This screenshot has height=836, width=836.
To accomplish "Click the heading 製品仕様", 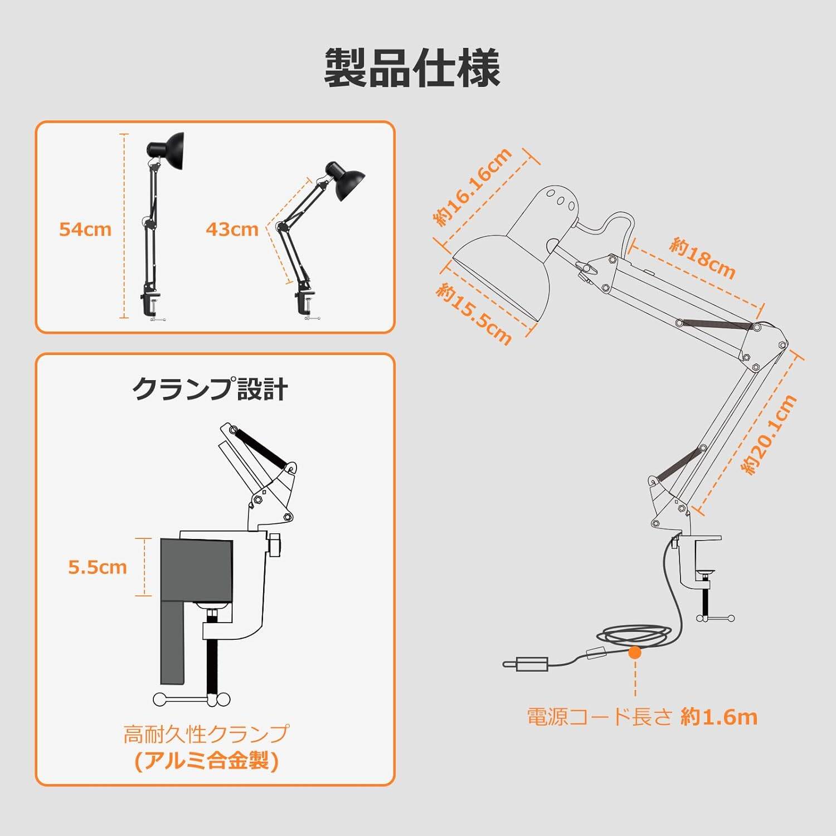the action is tap(412, 68).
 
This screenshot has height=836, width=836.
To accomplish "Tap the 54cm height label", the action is tap(85, 229).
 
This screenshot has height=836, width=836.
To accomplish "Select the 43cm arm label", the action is tap(232, 229).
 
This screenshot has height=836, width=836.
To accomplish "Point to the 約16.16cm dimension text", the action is tap(473, 187).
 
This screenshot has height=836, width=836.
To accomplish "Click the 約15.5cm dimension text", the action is tap(474, 313).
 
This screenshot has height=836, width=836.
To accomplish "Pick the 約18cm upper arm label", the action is tap(702, 257).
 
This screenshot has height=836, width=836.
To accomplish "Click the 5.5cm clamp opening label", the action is tap(98, 567).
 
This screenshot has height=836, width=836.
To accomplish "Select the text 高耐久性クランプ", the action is tap(206, 734).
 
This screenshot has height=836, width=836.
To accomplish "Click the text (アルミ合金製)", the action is tap(206, 760).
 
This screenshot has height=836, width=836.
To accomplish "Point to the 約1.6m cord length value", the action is tap(719, 717).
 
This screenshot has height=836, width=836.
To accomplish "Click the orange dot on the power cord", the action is tap(635, 653).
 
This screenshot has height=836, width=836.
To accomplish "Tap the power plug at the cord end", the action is tap(527, 663).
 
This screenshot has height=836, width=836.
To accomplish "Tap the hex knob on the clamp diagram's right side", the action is tap(275, 545).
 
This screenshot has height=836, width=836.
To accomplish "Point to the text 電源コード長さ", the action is tap(599, 717).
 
